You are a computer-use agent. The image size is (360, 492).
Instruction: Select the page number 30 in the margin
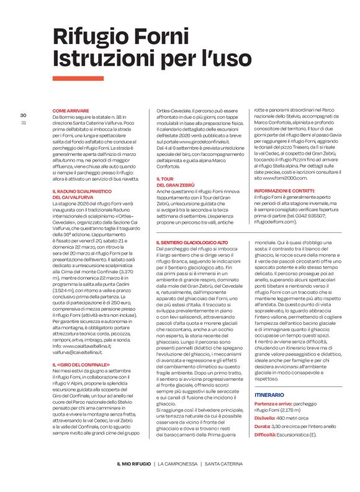[23, 116]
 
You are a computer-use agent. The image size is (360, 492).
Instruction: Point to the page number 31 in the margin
[23, 122]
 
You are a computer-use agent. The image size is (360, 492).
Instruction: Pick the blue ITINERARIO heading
[269, 377]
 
